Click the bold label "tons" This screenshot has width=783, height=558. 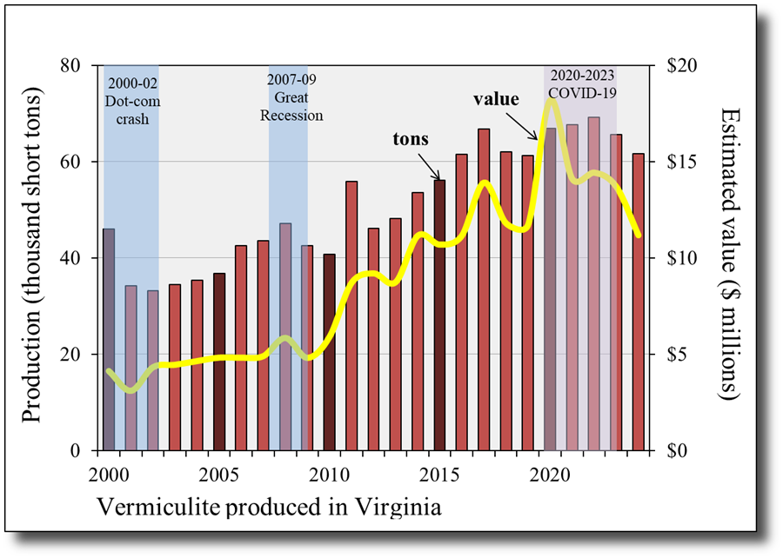(x=411, y=139)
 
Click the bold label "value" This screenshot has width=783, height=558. (x=496, y=99)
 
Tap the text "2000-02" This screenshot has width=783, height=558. (x=131, y=83)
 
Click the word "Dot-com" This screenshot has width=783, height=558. (x=131, y=101)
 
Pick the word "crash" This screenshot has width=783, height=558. (x=131, y=118)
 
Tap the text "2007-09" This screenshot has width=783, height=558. (x=291, y=81)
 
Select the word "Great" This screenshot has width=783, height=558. (x=291, y=98)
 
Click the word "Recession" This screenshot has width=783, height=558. (x=291, y=116)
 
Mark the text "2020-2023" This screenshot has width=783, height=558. (x=580, y=75)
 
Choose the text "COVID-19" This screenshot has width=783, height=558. (x=580, y=92)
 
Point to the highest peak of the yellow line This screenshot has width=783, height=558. (x=551, y=101)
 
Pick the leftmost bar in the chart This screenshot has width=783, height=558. (x=109, y=339)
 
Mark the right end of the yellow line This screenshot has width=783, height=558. (x=639, y=235)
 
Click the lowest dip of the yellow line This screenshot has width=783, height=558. (x=130, y=390)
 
